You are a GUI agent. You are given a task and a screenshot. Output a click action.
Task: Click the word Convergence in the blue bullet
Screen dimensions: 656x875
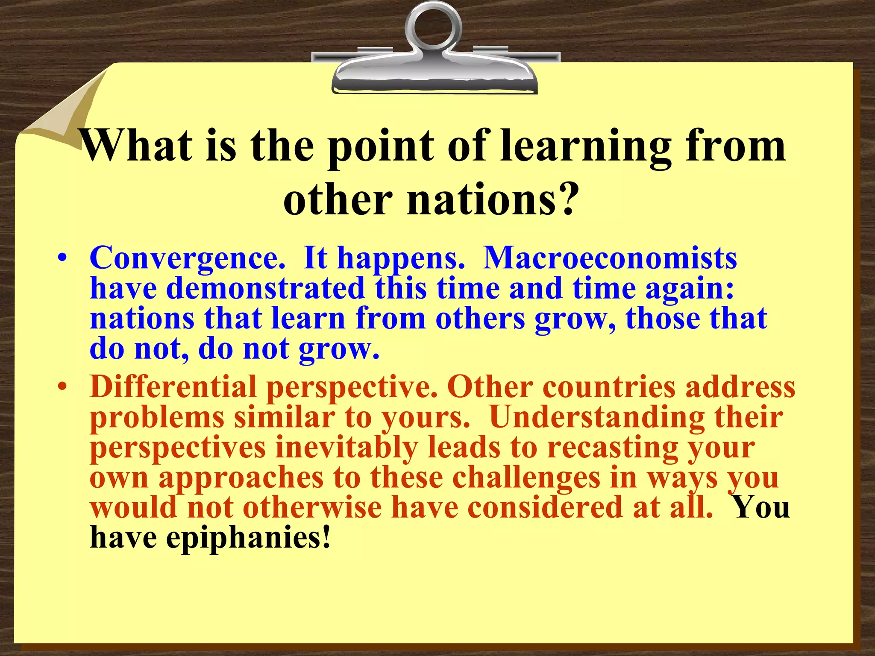pyautogui.click(x=187, y=258)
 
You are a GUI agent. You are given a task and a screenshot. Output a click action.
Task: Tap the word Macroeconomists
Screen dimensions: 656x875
pyautogui.click(x=610, y=258)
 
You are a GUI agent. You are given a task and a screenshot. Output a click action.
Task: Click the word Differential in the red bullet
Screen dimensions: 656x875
pyautogui.click(x=173, y=387)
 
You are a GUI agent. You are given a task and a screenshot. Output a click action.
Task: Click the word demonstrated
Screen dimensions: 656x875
pyautogui.click(x=265, y=288)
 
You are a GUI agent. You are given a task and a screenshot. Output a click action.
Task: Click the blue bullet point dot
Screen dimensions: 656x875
pyautogui.click(x=63, y=259)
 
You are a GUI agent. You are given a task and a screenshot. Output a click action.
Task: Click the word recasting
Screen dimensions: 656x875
pyautogui.click(x=613, y=447)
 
